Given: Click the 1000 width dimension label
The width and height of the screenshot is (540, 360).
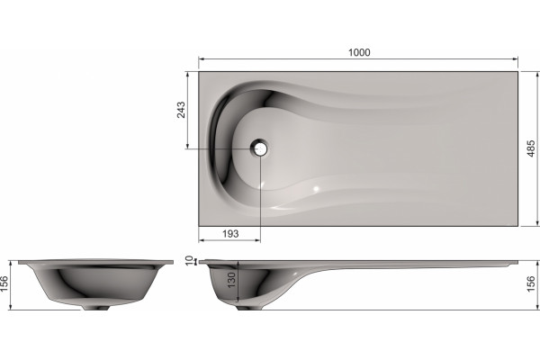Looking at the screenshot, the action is pos(359,52).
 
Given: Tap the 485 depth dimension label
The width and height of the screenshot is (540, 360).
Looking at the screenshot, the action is pos(531,148).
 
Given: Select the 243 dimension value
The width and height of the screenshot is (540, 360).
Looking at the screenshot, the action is pos(181,110).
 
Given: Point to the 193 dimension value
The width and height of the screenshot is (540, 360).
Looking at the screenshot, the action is pos(230,234).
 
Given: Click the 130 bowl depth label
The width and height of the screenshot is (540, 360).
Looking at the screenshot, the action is pos(231,280).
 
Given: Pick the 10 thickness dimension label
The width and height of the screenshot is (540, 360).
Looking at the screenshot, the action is pos(189,260).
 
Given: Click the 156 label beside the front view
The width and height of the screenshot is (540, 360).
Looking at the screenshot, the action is pos(4,283).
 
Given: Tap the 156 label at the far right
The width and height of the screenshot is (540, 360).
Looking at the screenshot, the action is pos(531,283).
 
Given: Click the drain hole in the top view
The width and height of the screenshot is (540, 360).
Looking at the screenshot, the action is pos(259,148).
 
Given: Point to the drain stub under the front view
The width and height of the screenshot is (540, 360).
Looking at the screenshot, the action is pos(95,307).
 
